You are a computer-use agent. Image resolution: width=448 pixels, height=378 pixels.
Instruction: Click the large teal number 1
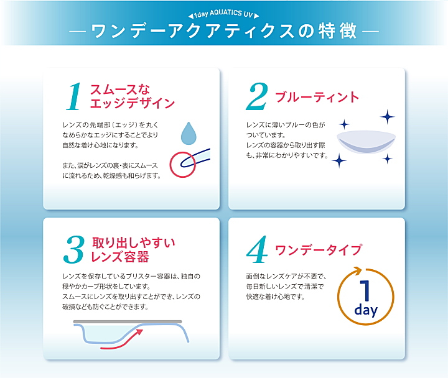coord(73,96)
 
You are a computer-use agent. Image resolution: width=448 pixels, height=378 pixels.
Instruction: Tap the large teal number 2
coord(257,96)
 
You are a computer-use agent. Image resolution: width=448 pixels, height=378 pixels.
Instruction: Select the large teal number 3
coord(74,249)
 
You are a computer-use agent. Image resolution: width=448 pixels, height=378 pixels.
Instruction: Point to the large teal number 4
coord(256,249)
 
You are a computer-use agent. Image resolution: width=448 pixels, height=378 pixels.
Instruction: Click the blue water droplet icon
coord(189,133)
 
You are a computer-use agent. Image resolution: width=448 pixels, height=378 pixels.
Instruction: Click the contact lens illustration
coord(366,142)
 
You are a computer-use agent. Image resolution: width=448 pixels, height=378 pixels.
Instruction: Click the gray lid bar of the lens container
coord(128,321)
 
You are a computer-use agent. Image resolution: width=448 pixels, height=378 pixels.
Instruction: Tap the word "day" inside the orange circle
coord(366,310)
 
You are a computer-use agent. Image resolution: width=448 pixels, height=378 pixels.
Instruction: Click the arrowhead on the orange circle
coord(357,270)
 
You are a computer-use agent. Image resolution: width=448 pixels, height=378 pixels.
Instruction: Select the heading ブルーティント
coord(317,98)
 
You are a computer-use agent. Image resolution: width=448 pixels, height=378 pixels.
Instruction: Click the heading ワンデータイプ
coord(319,250)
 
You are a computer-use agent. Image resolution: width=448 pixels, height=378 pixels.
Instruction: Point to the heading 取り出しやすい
coord(133,243)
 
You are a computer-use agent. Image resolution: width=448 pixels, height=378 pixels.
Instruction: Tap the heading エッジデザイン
coord(133,103)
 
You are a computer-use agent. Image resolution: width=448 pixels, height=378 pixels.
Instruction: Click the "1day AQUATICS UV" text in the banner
coord(223,14)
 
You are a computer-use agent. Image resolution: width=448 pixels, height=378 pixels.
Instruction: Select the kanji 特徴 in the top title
coord(338,30)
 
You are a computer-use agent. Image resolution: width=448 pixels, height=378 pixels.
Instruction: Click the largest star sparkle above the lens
coord(388,117)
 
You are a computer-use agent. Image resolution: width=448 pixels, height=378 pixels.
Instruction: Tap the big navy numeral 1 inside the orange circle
coord(366,290)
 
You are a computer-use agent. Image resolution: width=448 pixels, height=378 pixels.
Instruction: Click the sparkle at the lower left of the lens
coord(340,160)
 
